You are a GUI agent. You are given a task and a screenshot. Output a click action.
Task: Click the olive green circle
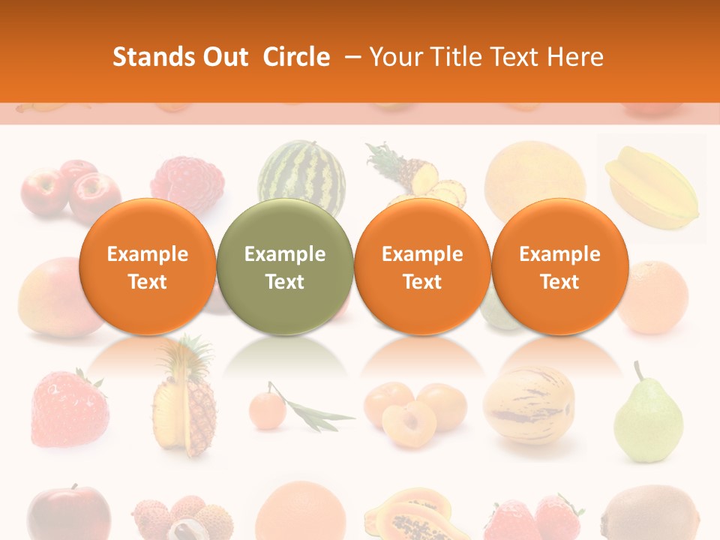coord(285,266)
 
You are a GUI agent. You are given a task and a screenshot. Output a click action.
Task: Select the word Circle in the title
coord(296,57)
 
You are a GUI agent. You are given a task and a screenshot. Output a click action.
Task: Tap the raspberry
coord(187,182)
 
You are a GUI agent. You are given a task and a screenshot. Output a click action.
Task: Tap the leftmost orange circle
coord(147,266)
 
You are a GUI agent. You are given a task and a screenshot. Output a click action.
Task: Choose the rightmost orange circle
coord(559,266)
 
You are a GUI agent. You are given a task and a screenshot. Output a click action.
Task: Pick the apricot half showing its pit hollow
coord(409,423)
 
